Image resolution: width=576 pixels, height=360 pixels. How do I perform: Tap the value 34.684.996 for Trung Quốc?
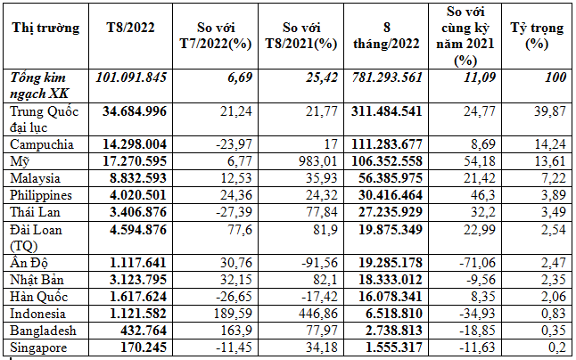136,110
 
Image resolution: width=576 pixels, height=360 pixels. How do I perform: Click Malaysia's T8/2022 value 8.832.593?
136,177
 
